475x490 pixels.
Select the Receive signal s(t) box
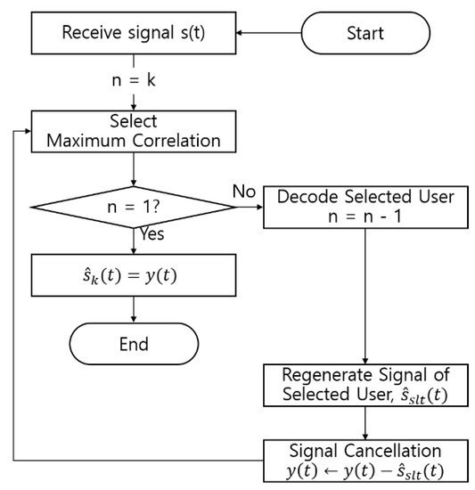tap(134, 34)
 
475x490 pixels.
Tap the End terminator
tap(134, 344)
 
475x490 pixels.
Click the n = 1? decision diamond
tap(134, 207)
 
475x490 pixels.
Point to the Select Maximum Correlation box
tap(134, 131)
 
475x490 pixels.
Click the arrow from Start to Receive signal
tap(270, 34)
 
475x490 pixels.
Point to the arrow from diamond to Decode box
tap(250, 207)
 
